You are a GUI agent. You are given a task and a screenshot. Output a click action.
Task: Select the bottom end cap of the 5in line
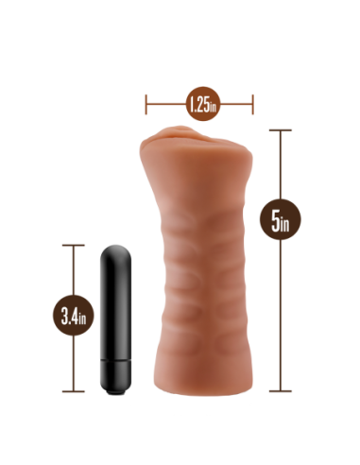pyautogui.click(x=280, y=389)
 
